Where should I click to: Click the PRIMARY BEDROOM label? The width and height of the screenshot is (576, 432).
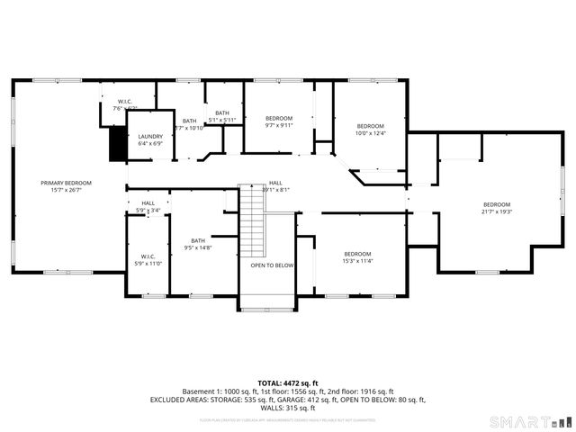click(67, 183)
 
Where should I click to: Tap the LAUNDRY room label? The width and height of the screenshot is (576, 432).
click(150, 137)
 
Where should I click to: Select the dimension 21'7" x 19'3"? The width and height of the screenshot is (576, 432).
click(497, 211)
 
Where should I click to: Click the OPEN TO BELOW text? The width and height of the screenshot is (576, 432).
click(272, 265)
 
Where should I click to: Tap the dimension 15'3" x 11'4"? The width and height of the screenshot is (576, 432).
click(357, 261)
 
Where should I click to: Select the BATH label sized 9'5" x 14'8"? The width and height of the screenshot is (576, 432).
click(198, 240)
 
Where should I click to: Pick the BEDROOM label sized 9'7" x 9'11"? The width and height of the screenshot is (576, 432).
click(279, 119)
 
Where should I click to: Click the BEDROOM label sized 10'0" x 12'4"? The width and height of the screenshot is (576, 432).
click(371, 126)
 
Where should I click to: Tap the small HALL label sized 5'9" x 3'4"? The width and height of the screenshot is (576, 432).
click(148, 203)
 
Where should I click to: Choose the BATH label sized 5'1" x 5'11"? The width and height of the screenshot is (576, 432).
click(221, 112)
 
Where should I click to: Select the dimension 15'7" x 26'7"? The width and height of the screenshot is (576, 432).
click(67, 190)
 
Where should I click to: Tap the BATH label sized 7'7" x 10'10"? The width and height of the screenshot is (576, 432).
click(189, 121)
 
